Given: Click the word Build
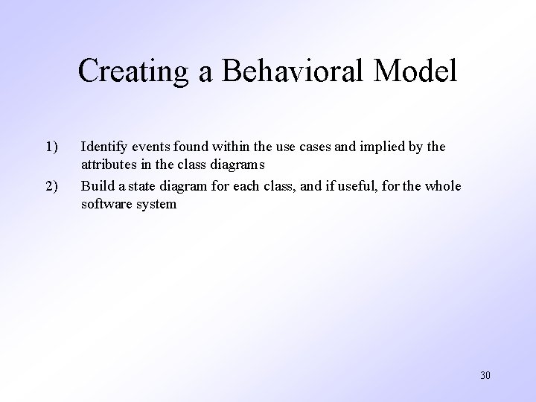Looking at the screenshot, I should [x=95, y=186].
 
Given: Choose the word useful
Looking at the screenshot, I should [x=351, y=186].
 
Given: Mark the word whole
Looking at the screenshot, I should [x=444, y=186].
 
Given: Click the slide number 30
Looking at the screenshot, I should [x=485, y=374].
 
